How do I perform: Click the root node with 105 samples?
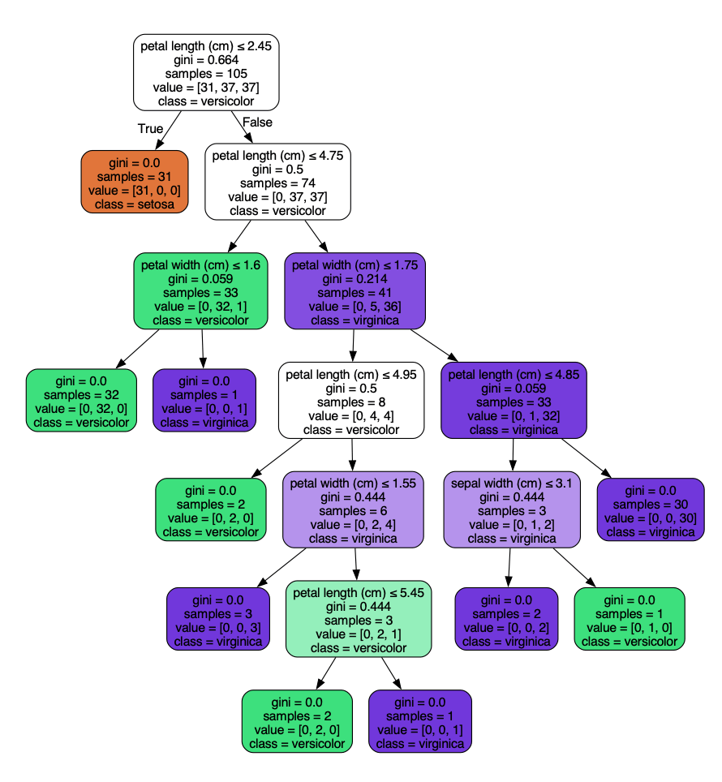(x=206, y=73)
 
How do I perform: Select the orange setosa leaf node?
(x=135, y=182)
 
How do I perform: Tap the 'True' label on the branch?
(x=150, y=128)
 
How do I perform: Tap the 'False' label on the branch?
(x=257, y=122)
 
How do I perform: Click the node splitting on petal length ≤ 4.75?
(x=277, y=183)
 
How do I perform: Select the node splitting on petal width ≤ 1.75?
(x=355, y=291)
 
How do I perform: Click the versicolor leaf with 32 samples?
(x=81, y=401)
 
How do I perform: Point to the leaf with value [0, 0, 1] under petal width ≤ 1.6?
(x=204, y=401)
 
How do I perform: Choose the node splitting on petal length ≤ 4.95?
(x=351, y=401)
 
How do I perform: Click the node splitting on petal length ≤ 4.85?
(x=513, y=401)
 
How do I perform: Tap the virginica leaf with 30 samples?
(x=651, y=510)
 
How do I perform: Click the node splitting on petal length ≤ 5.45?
(x=359, y=620)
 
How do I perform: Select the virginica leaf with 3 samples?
(x=217, y=620)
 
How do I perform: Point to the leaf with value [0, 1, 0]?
(x=630, y=620)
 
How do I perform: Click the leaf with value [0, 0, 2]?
(x=506, y=620)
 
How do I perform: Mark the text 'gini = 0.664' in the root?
(x=206, y=60)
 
